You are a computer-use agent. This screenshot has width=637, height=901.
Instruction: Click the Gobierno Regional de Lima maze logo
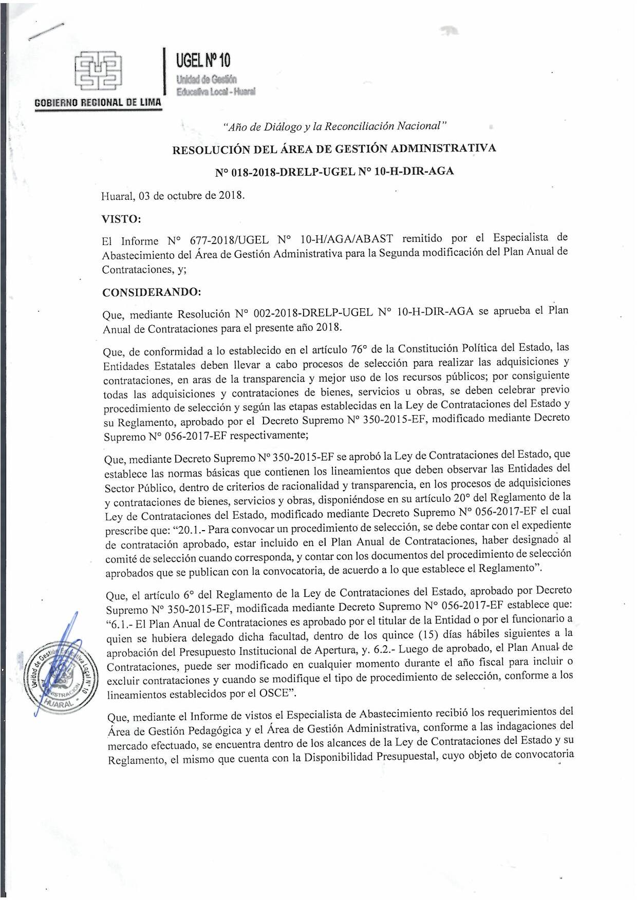pos(98,70)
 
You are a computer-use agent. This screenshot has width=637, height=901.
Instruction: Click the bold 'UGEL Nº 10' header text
pos(203,61)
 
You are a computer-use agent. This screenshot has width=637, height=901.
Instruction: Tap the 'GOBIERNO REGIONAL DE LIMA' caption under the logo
pos(98,102)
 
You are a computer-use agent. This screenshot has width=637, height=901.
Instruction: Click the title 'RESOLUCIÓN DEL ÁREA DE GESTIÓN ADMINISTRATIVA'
pos(334,149)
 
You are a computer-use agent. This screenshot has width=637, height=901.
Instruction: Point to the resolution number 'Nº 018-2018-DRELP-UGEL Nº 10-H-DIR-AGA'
pos(334,172)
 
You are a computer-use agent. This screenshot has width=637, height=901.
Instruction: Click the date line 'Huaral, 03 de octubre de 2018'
pos(173,196)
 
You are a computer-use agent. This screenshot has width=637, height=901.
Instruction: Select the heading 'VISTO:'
pos(121,219)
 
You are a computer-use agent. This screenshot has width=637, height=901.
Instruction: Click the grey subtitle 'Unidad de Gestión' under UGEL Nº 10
pos(206,80)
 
